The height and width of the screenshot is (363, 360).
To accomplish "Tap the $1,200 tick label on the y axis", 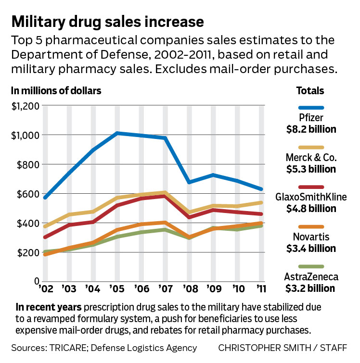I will click(x=24, y=106).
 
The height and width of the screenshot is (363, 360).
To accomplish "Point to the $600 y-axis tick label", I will click(x=24, y=194).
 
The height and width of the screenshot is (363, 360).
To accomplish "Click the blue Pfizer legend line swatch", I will click(x=310, y=108).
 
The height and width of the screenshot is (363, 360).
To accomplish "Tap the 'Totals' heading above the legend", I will click(x=310, y=90).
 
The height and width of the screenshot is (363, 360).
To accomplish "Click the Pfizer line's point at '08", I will click(x=189, y=182).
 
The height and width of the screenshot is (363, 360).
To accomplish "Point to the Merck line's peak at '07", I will click(x=165, y=193).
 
